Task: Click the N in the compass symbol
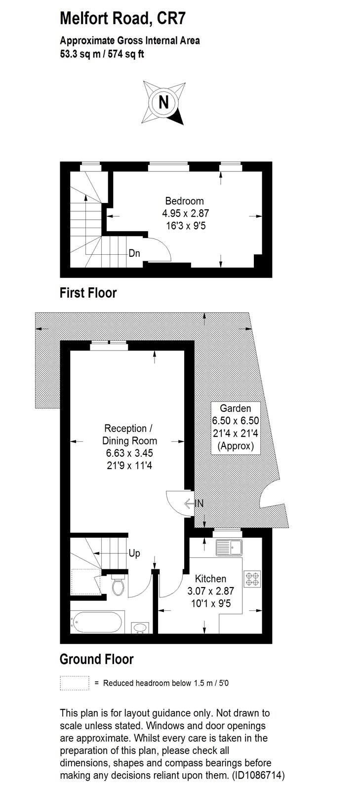pyautogui.click(x=163, y=102)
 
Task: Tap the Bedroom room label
pyautogui.click(x=184, y=201)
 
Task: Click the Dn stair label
pyautogui.click(x=134, y=253)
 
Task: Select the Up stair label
pyautogui.click(x=134, y=553)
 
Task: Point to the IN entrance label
pyautogui.click(x=199, y=503)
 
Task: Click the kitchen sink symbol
pyautogui.click(x=229, y=548)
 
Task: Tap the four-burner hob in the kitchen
pyautogui.click(x=252, y=579)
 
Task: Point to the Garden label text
pyautogui.click(x=236, y=408)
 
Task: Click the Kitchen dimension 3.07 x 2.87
pyautogui.click(x=210, y=591)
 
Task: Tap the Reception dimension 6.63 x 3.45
pyautogui.click(x=129, y=453)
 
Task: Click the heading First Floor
pyautogui.click(x=88, y=293)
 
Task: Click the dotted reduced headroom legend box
pyautogui.click(x=75, y=683)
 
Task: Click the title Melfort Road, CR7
pyautogui.click(x=122, y=18)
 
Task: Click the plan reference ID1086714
pyautogui.click(x=258, y=775)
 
